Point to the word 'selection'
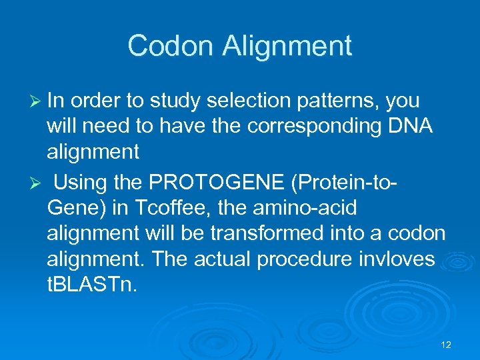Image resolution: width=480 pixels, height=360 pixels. [237, 101]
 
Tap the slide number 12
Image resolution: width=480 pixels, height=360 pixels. [446, 345]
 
